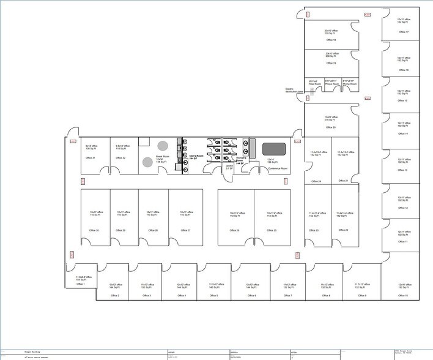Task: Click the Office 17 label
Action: (403, 32)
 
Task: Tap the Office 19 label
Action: (331, 63)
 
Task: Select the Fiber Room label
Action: (313, 84)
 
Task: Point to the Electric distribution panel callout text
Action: (294, 90)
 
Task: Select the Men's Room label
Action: (196, 158)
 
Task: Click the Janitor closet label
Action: (228, 167)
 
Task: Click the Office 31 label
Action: (89, 158)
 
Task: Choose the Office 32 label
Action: (120, 158)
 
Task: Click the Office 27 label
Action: (185, 230)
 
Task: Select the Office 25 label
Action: (271, 230)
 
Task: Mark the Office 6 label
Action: (252, 296)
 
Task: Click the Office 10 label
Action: (402, 296)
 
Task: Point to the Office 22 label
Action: (342, 230)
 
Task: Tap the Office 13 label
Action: (402, 170)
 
